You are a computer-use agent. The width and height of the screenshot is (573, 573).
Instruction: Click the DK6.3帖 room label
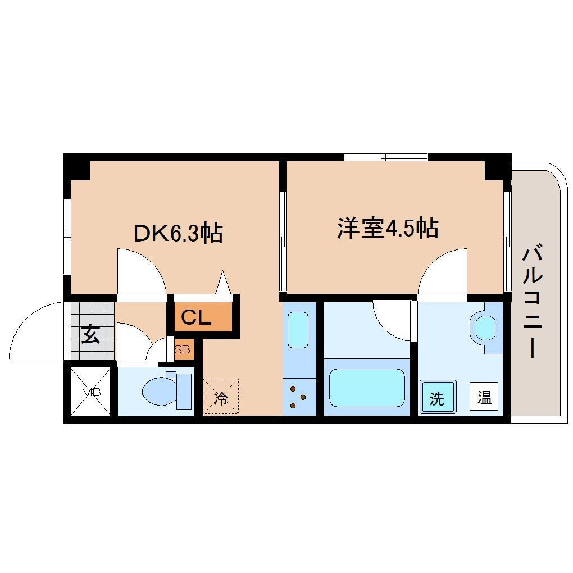(178, 233)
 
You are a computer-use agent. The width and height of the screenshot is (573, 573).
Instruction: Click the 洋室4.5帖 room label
(387, 228)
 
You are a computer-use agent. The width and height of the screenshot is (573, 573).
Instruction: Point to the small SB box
(183, 349)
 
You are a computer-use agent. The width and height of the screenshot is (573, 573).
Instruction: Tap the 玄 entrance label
(89, 335)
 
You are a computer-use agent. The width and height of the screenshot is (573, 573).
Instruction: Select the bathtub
(366, 388)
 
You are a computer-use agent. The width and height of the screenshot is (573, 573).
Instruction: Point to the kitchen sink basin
(299, 331)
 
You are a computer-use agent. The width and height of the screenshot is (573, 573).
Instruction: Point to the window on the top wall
(385, 157)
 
